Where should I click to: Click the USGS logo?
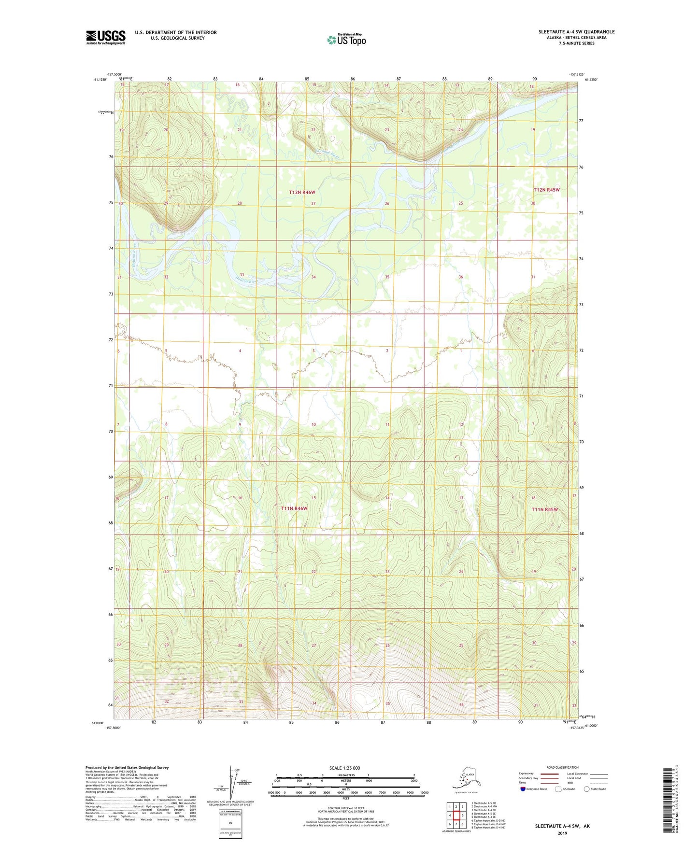pos(105,37)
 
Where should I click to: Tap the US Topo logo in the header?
pos(346,40)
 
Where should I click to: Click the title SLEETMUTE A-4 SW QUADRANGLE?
pos(576,32)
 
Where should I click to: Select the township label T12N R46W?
pos(302,192)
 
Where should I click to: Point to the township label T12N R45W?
pos(546,190)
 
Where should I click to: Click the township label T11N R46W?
pos(294,508)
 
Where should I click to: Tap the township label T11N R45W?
pos(544,509)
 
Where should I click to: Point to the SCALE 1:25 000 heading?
pos(344,768)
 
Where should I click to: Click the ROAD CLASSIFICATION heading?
pos(562,767)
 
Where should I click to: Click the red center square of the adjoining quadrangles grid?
pos(456,815)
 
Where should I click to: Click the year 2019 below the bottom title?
pos(562,833)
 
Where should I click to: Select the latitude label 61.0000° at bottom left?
pos(97,723)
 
